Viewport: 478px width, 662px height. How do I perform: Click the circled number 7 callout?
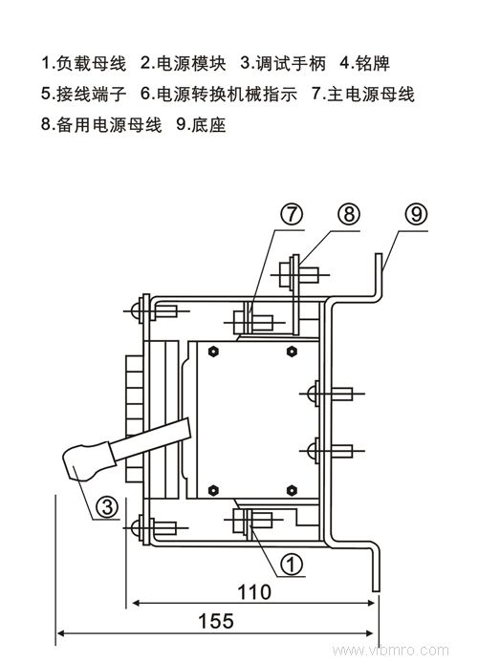point(292,215)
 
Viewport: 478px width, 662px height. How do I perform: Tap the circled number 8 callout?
point(349,215)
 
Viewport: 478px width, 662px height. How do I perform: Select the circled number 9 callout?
point(416,215)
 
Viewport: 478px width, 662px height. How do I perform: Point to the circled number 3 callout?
point(107,505)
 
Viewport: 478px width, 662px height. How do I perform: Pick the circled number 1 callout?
point(292,564)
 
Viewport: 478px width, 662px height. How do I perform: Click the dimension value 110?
point(254,592)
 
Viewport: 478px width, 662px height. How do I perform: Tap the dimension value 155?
point(215,621)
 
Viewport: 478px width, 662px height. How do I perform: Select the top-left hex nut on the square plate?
point(213,352)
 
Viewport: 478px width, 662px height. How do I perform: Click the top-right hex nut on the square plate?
point(292,352)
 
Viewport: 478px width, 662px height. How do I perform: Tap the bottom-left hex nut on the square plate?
point(213,490)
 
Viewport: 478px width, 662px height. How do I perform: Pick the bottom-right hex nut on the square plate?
point(292,490)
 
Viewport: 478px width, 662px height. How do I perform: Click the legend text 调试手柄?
point(291,63)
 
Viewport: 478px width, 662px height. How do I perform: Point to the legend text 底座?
point(208,125)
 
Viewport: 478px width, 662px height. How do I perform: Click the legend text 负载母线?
point(91,63)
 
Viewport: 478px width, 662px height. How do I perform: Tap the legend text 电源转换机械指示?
point(227,95)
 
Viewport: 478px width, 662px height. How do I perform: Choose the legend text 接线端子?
point(91,95)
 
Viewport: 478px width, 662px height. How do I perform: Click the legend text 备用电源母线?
point(109,125)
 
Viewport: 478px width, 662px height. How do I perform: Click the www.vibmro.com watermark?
point(390,651)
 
